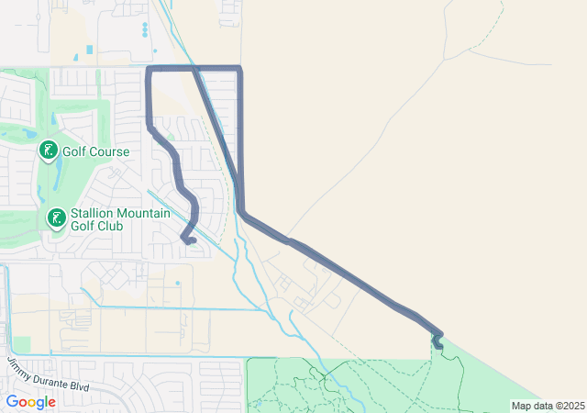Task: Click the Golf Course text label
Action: point(95,151)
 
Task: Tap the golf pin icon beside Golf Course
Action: point(47,150)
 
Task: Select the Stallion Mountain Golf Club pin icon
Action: point(56,218)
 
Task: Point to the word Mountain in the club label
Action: point(144,214)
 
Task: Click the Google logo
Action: point(30,402)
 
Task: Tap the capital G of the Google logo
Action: point(12,402)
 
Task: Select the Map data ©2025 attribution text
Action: point(547,406)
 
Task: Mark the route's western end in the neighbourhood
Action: point(194,241)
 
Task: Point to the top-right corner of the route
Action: point(240,68)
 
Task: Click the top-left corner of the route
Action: point(149,68)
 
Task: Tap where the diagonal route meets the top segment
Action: point(194,68)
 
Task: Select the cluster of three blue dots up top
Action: point(145,30)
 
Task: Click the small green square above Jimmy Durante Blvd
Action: point(21,343)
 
